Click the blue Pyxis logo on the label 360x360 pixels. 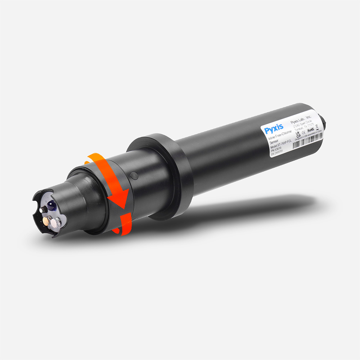click(x=274, y=128)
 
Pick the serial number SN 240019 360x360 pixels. click(x=276, y=154)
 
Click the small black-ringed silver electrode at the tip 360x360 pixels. click(x=44, y=210)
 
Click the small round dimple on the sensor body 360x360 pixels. click(x=134, y=176)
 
